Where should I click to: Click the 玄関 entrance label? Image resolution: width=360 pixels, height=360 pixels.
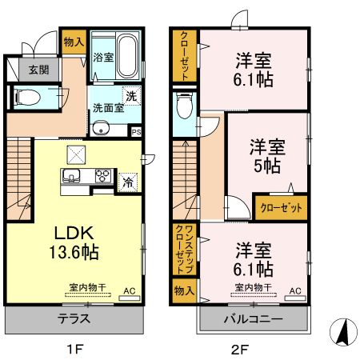coord(39,70)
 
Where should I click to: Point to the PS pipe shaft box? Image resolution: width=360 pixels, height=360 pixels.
coord(136,132)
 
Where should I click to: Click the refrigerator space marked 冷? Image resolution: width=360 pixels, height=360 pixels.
coord(127,182)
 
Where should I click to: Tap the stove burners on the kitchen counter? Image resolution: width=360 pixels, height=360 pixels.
coord(104,175)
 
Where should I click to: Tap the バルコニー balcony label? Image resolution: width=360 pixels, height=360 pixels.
coord(253,318)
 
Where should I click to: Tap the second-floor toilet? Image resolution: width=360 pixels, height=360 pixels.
coord(182,105)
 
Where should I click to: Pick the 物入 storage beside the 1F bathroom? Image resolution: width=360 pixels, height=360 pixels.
coord(74,42)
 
